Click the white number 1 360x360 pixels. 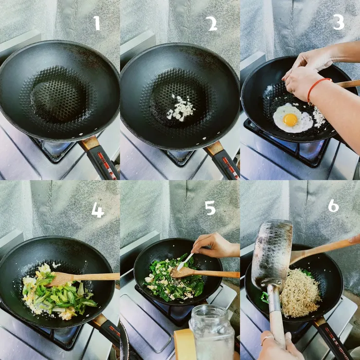(x=97, y=23)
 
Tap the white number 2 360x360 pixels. (x=213, y=24)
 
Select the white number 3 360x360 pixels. (x=339, y=22)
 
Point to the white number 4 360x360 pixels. (x=98, y=210)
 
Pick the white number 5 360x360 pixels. (x=210, y=208)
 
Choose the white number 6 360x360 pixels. (x=333, y=206)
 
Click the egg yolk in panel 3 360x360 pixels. (x=290, y=120)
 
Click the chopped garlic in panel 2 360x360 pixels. (x=180, y=108)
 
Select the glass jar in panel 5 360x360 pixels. (x=211, y=333)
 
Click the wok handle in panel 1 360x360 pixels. (x=100, y=157)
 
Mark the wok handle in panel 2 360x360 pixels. (x=221, y=160)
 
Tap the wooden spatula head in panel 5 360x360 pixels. (x=183, y=272)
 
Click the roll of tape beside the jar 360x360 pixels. (x=184, y=344)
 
